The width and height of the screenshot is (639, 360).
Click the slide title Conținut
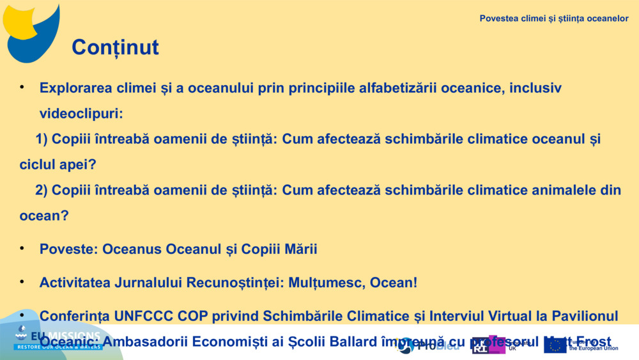click(x=115, y=47)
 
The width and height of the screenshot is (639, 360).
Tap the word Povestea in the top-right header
click(x=498, y=19)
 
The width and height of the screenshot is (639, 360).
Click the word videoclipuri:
click(x=81, y=113)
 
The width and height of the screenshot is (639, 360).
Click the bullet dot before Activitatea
click(x=22, y=281)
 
